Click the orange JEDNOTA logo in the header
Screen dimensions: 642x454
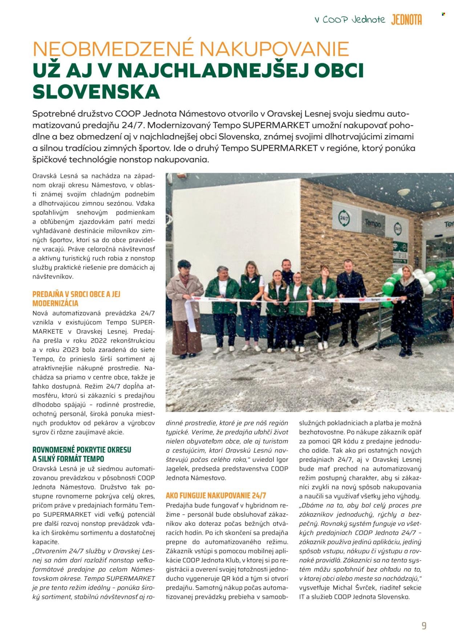pyautogui.click(x=406, y=20)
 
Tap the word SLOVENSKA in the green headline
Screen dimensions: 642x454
pyautogui.click(x=96, y=91)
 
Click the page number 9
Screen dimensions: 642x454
pyautogui.click(x=424, y=626)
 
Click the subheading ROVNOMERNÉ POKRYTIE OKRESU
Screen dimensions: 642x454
pyautogui.click(x=82, y=450)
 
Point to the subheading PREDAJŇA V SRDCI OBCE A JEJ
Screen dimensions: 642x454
pyautogui.click(x=76, y=294)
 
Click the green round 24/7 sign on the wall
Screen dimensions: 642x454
pyautogui.click(x=343, y=218)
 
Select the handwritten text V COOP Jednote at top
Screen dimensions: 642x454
pyautogui.click(x=350, y=20)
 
